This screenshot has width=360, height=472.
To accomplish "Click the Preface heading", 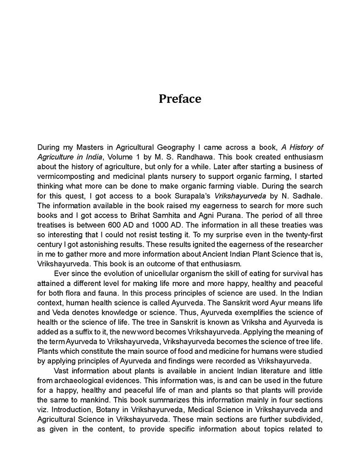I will (180, 99).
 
